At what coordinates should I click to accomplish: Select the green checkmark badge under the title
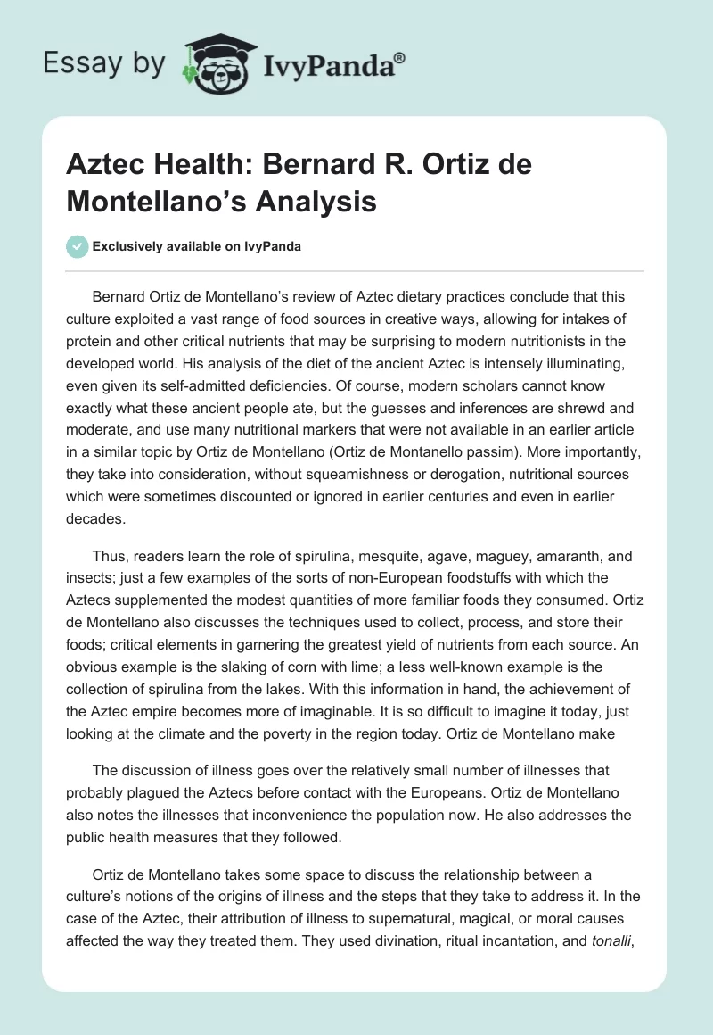pyautogui.click(x=78, y=246)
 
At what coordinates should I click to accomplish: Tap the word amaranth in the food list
pyautogui.click(x=532, y=556)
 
